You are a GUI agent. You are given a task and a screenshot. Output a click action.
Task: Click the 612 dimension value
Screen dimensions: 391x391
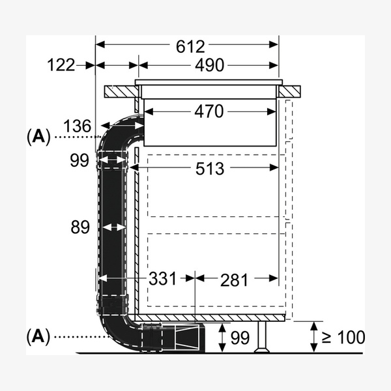[190, 47]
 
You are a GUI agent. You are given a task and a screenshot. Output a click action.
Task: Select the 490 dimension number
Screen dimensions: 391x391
[209, 65]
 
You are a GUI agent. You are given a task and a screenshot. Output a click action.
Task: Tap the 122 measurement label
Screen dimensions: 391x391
[61, 65]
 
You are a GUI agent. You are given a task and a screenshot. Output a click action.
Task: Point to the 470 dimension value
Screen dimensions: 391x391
[209, 111]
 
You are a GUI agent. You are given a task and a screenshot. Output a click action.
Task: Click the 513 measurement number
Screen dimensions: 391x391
[210, 169]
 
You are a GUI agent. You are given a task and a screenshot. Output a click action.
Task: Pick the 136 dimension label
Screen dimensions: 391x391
[78, 126]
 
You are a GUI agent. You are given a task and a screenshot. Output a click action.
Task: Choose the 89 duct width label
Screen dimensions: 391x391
[80, 227]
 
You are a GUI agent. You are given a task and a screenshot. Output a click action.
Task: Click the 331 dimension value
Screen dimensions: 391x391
[162, 278]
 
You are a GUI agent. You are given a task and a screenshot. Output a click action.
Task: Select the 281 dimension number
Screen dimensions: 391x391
[234, 280]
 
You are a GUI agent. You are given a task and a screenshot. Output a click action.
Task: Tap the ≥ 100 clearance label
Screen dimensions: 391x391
[343, 338]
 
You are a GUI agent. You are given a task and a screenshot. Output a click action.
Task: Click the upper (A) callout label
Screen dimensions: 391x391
[38, 137]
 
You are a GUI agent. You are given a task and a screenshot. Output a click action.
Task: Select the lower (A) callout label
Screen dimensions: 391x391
[38, 337]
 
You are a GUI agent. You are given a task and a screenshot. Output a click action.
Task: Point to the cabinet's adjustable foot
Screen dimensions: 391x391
[262, 337]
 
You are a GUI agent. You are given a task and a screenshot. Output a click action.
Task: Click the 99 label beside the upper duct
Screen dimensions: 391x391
[80, 160]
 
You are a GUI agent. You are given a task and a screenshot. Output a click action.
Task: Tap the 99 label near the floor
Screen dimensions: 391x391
[240, 338]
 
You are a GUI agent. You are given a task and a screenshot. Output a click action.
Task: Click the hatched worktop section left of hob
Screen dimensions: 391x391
[121, 91]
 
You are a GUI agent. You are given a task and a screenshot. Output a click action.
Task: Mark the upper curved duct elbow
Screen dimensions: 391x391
[118, 132]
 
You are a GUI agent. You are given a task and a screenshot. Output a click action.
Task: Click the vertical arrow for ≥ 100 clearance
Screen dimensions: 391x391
[314, 337]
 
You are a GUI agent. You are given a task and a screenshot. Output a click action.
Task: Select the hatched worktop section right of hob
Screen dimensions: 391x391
[289, 91]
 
